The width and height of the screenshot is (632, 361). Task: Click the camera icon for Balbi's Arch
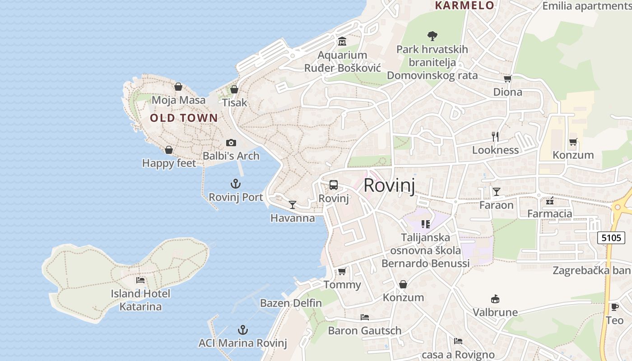(x=231, y=143)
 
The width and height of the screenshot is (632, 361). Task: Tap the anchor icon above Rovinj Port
(x=236, y=184)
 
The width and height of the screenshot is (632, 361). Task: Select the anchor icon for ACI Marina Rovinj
(x=243, y=330)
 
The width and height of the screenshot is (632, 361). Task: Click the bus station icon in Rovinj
(x=333, y=185)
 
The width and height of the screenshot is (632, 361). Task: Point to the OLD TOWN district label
(x=184, y=118)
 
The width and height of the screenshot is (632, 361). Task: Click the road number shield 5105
(x=611, y=237)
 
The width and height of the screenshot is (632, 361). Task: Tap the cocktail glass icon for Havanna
(x=293, y=205)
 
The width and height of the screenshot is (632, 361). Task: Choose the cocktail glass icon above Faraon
(x=497, y=192)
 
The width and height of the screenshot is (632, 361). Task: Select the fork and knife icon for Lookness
(x=495, y=137)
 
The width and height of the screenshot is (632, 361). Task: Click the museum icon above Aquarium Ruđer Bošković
(x=342, y=42)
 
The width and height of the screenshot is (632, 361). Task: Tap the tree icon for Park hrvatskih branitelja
(x=432, y=36)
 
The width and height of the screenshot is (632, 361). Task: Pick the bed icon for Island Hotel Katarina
(x=140, y=280)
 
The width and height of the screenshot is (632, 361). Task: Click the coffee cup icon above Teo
(x=614, y=307)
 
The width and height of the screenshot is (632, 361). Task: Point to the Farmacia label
(x=549, y=213)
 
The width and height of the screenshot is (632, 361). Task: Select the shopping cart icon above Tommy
(x=342, y=271)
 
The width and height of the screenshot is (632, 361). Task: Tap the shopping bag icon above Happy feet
(x=169, y=150)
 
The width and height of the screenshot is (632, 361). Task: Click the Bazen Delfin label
(x=291, y=303)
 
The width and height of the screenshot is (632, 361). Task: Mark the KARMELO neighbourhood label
(x=464, y=5)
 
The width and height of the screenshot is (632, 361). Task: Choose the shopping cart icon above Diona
(x=507, y=79)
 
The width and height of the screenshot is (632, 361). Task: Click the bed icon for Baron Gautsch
(x=365, y=317)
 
